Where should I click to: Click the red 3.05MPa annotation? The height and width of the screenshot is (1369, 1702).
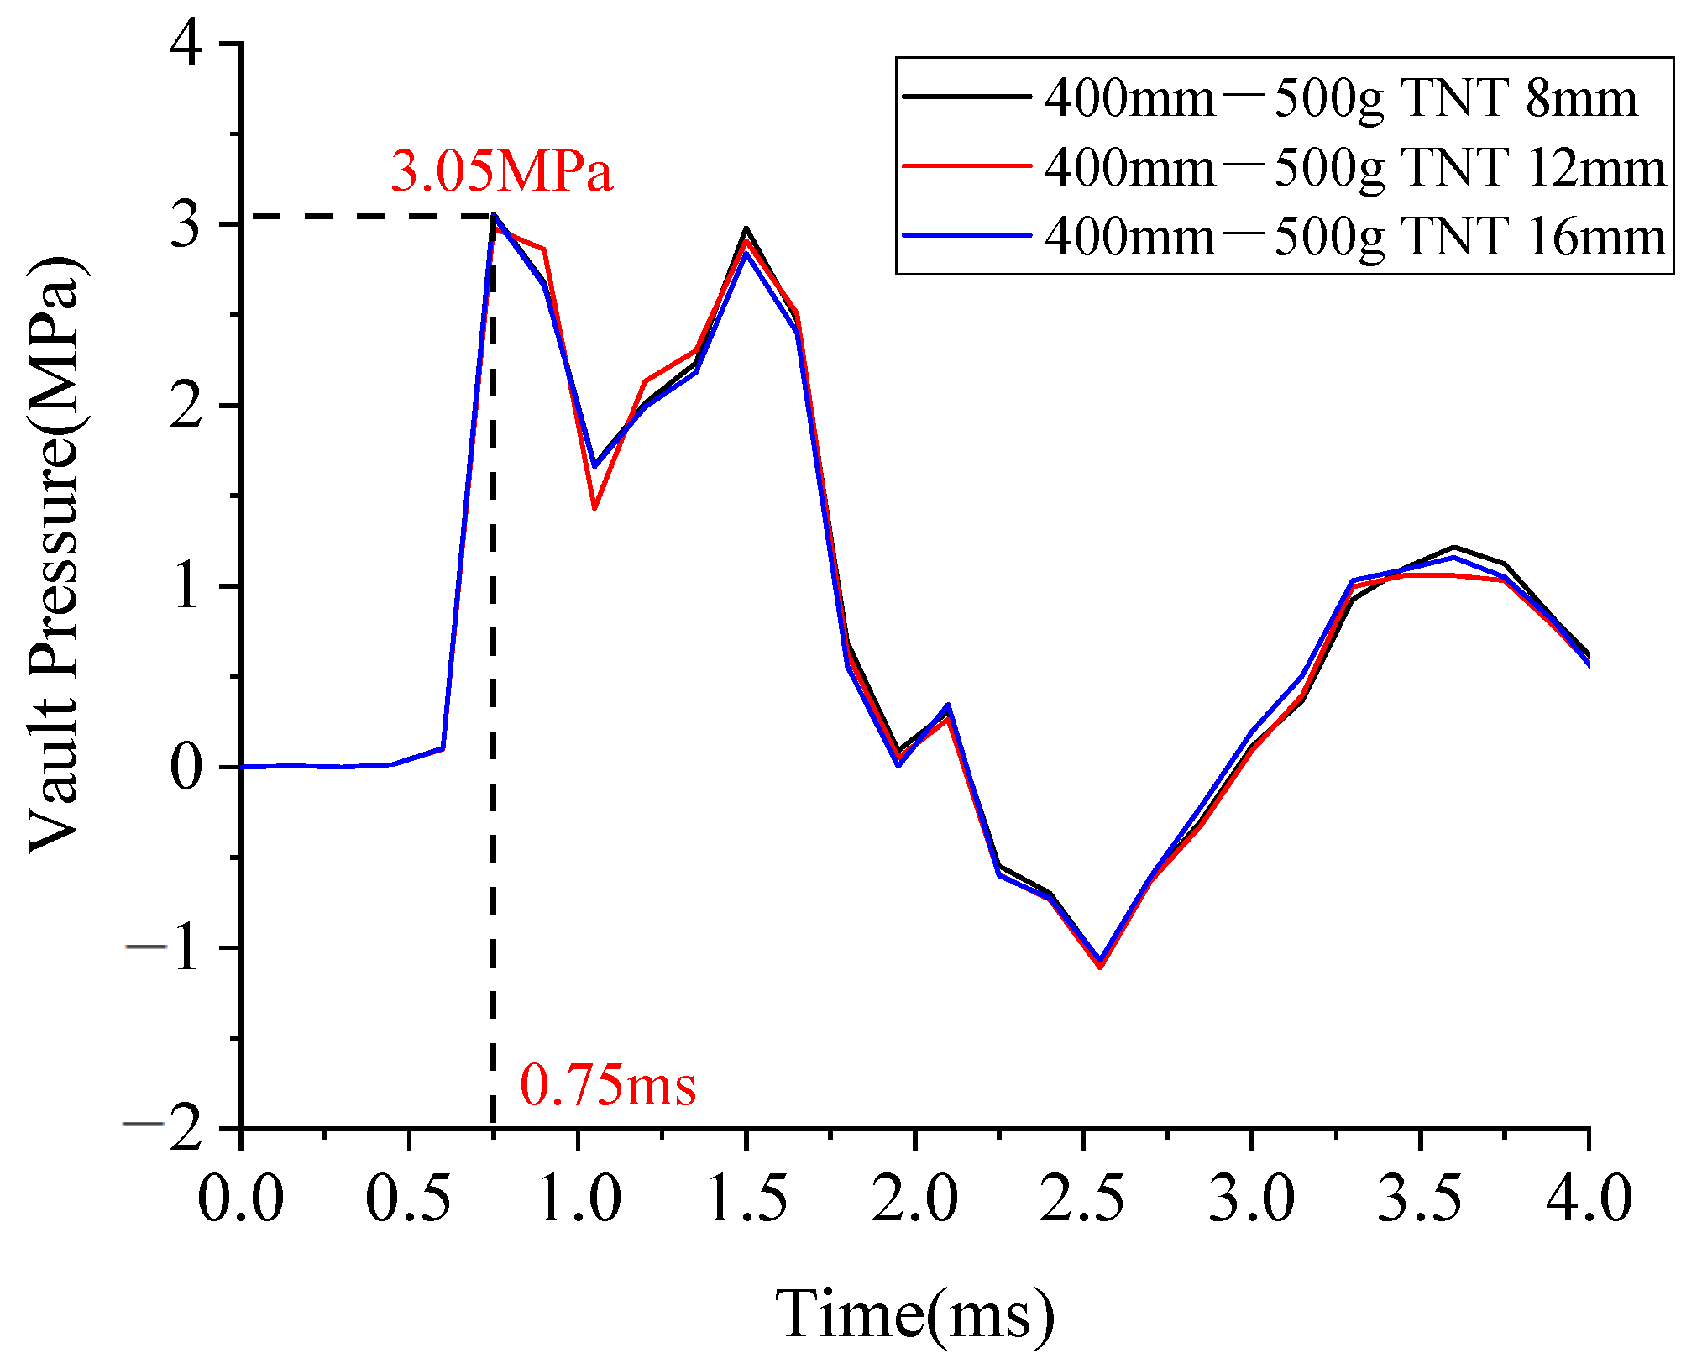501,171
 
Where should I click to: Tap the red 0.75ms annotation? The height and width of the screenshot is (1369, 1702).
608,1085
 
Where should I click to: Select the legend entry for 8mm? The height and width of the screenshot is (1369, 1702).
1340,98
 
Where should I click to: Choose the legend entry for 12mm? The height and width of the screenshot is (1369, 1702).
1354,167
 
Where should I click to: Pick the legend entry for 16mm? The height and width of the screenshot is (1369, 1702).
1354,236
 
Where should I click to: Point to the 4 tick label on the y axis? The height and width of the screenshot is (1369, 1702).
186,44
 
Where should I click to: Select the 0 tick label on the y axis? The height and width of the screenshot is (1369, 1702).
186,767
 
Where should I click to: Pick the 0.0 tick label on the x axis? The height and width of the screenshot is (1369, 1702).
241,1199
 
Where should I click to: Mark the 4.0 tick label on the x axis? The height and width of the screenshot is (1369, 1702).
1588,1199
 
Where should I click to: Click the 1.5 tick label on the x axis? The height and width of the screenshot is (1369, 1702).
746,1199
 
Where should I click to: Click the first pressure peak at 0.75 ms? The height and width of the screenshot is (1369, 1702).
494,216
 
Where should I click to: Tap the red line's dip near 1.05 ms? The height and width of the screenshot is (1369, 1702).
594,507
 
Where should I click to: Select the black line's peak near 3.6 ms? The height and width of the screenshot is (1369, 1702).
1453,548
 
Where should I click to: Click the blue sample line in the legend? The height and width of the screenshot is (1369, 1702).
966,236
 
